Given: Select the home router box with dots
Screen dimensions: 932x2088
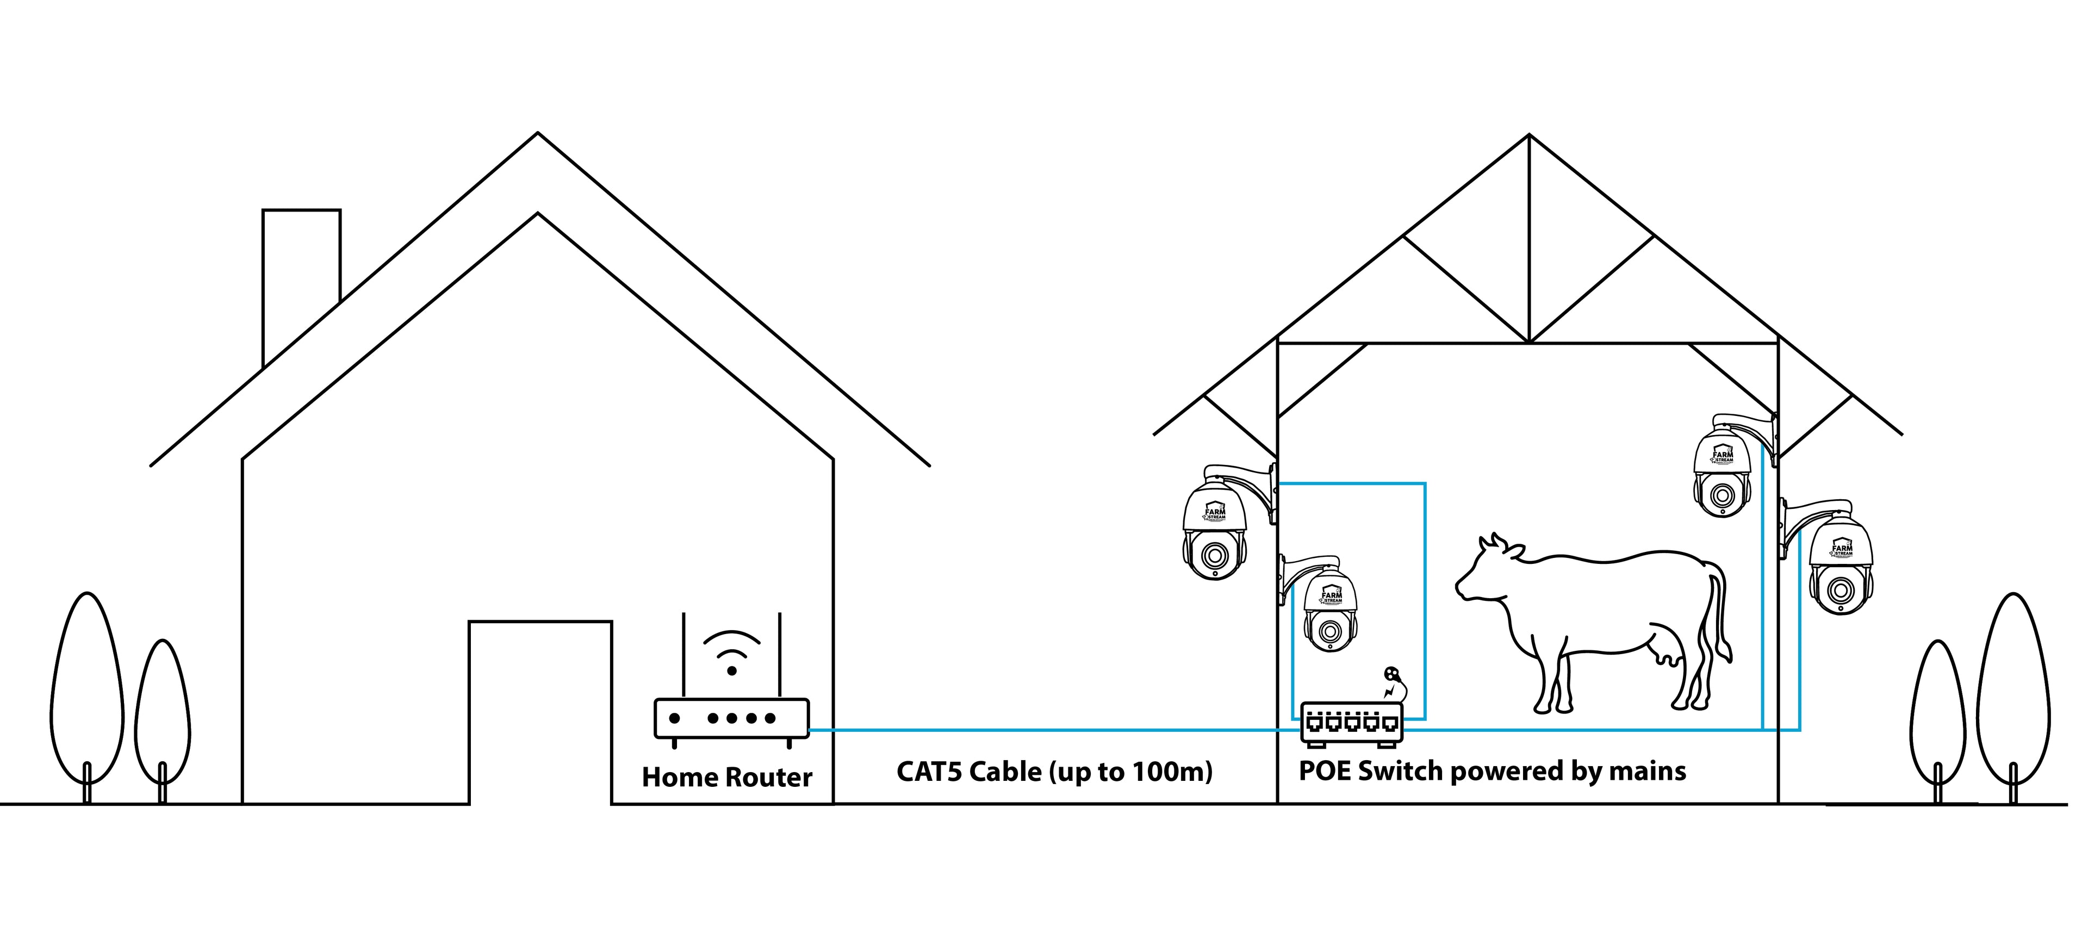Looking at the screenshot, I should (x=731, y=718).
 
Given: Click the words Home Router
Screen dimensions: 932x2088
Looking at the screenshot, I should (x=726, y=777).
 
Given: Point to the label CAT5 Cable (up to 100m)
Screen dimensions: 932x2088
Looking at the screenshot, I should (x=1054, y=772).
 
